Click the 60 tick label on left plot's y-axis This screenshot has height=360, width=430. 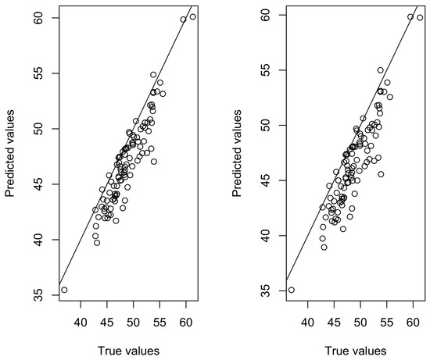point(39,18)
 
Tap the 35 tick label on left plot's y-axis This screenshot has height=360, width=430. point(39,295)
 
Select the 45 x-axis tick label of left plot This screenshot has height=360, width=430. point(107,323)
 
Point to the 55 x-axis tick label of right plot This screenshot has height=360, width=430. point(387,323)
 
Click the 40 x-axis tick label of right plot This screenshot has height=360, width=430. point(308,323)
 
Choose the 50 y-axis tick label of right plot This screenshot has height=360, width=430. point(267,125)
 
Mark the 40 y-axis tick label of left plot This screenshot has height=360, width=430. point(39,240)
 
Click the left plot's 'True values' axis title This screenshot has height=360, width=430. point(128,351)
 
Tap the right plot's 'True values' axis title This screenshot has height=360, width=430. point(356,351)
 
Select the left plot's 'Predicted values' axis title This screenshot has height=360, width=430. point(9,153)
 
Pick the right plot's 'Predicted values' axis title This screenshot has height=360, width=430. point(237,153)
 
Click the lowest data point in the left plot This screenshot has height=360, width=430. point(64,290)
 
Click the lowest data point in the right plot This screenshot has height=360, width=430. point(292,290)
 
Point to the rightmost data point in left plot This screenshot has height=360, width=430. point(193,17)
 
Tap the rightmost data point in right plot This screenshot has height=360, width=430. point(420,18)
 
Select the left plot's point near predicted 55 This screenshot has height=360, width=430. point(153,75)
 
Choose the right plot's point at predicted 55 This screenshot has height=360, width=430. point(381,70)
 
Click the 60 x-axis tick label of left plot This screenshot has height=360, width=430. point(186,323)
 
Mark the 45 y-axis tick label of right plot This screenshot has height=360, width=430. point(267,180)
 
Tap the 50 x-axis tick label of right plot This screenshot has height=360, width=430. point(360,323)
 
